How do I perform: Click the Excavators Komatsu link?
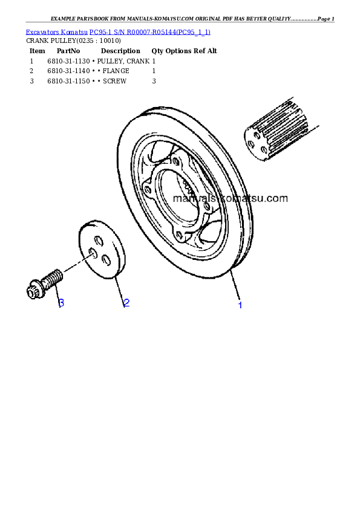[56, 32]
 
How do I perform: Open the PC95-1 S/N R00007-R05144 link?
[150, 32]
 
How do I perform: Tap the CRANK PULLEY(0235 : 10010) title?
[73, 41]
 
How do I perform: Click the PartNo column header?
[68, 51]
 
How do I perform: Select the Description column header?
[120, 51]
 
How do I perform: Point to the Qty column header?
[157, 51]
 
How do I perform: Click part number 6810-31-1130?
[68, 61]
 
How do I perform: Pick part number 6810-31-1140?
[68, 71]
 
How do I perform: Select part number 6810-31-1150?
[68, 81]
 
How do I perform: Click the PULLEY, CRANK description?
[123, 61]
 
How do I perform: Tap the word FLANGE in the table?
[116, 71]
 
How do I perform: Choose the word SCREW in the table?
[115, 81]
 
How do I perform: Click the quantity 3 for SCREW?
[154, 81]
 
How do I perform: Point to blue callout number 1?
[240, 305]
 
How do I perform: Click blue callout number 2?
[126, 303]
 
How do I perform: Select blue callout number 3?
[61, 303]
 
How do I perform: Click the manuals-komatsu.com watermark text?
[231, 198]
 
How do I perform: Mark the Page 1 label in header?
[326, 19]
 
